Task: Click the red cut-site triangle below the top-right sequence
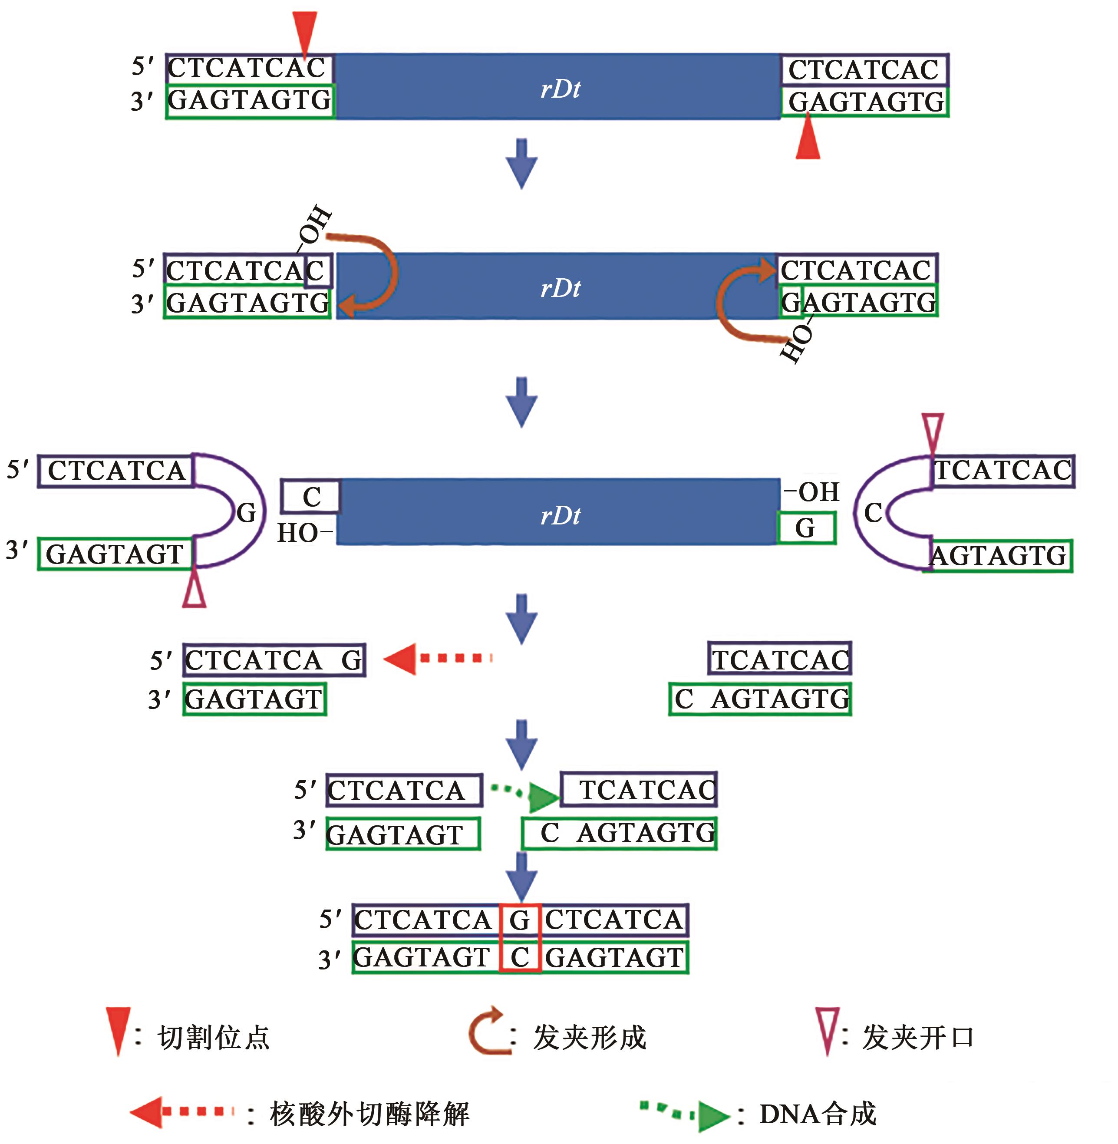(x=808, y=138)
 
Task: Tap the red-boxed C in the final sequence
(x=520, y=957)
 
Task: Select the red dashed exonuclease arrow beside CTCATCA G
(x=438, y=658)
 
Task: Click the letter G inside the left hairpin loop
(x=247, y=513)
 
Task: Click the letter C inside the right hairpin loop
(x=873, y=513)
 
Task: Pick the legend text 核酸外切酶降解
(x=370, y=1114)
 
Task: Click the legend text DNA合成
(x=818, y=1114)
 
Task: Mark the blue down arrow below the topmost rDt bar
(x=521, y=163)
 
